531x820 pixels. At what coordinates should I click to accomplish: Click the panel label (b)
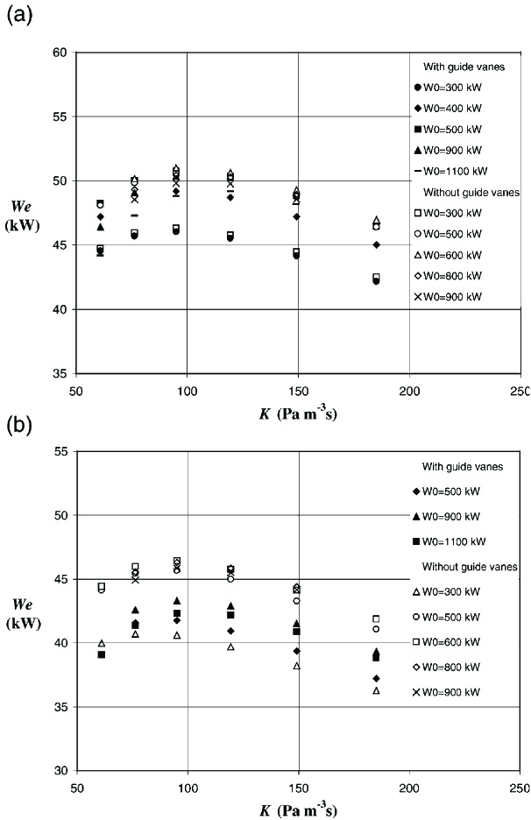18,425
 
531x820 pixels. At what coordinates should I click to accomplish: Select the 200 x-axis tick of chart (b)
408,785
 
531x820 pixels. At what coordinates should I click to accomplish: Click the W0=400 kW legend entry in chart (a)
453,108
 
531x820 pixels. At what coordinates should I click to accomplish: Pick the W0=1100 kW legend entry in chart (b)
453,541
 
